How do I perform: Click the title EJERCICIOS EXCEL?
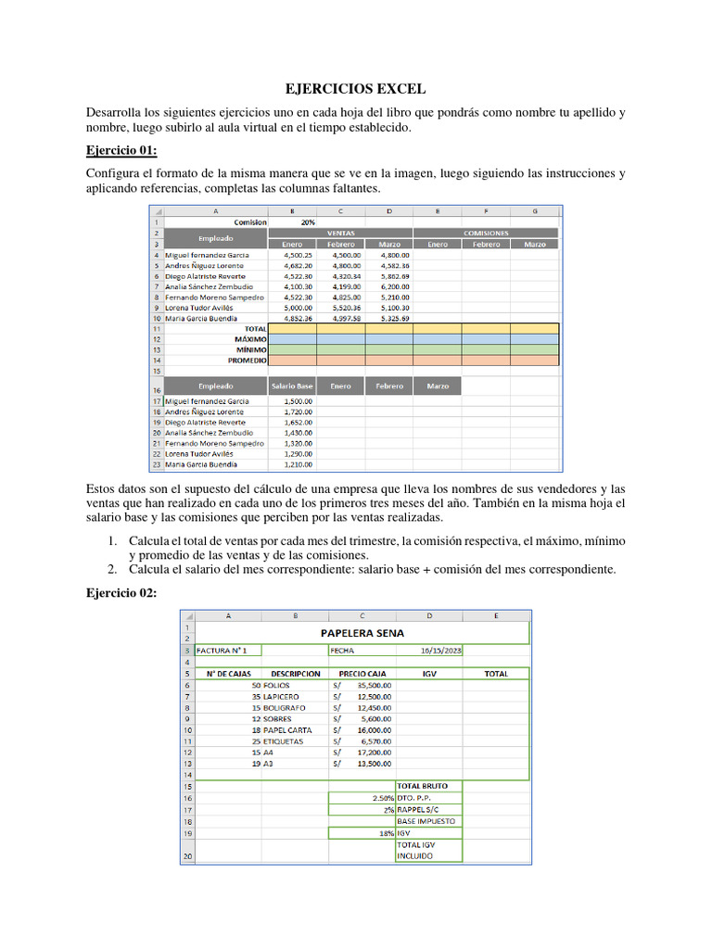[x=355, y=89]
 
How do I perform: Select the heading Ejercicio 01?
[x=121, y=150]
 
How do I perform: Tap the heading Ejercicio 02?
[x=121, y=592]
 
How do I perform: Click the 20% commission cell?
[x=308, y=222]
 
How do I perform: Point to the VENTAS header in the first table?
[x=341, y=234]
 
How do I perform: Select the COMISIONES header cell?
[x=486, y=234]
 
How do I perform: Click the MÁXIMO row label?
[x=250, y=339]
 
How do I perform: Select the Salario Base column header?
[x=292, y=386]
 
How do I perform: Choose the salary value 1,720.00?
[x=298, y=411]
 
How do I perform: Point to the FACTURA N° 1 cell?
[x=222, y=651]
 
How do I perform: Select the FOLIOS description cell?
[x=277, y=686]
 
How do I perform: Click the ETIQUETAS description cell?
[x=283, y=741]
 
